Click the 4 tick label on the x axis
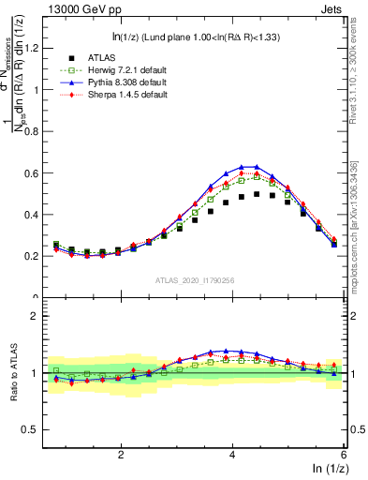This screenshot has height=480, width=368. click(x=232, y=454)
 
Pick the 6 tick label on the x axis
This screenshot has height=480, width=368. click(x=344, y=454)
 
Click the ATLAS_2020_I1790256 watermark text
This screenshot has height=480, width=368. click(x=195, y=280)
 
